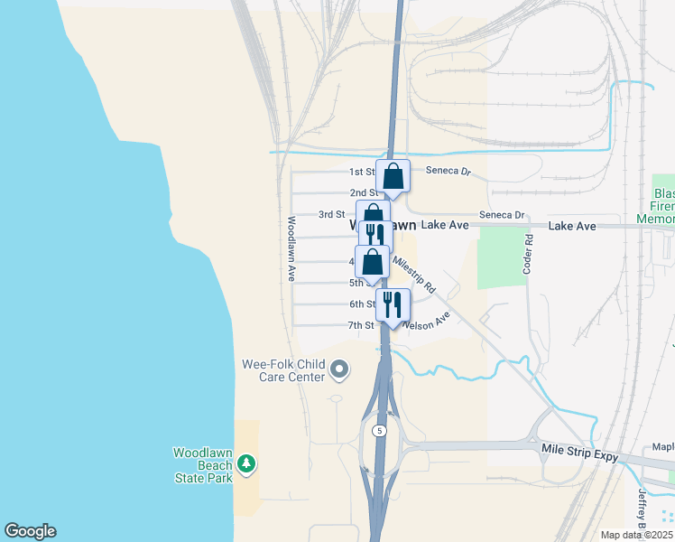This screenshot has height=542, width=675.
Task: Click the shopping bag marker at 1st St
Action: point(393,175)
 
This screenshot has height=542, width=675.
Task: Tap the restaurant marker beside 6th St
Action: point(393,304)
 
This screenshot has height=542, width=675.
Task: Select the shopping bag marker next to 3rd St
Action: point(373,216)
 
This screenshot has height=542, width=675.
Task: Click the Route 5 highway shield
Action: point(380,431)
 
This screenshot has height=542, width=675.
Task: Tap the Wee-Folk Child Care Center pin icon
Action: point(339,369)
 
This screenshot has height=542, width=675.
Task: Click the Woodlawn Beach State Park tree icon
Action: point(246,463)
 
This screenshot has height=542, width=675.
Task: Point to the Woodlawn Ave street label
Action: point(291,249)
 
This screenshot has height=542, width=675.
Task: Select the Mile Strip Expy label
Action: point(579,452)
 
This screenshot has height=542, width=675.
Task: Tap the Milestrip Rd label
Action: point(413,274)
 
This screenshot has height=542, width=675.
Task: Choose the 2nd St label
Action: point(363,192)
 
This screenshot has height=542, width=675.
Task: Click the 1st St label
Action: point(361,172)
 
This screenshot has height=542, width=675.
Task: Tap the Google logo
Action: point(30,531)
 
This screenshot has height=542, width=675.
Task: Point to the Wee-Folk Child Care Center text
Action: point(282,369)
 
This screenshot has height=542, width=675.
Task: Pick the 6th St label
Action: point(362,304)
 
